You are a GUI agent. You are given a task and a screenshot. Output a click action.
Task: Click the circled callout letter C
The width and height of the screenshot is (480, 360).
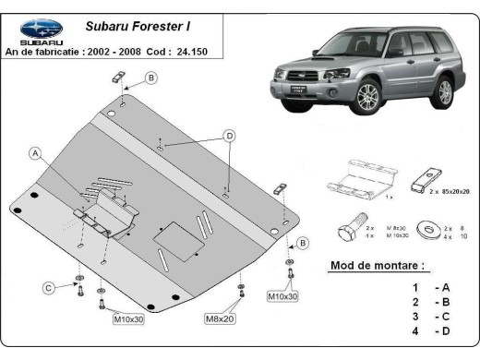pos(48,287)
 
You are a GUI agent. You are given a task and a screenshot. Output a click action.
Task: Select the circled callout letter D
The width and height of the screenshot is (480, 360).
pos(227,136)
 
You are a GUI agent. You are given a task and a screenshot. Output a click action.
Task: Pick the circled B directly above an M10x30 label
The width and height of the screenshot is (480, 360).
pos(302,244)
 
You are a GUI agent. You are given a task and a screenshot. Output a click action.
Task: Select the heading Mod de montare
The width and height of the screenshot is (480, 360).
pos(378,267)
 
